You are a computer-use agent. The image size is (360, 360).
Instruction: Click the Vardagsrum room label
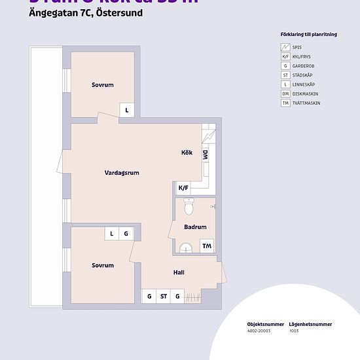[122, 173]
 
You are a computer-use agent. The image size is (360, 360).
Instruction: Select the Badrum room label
[195, 227]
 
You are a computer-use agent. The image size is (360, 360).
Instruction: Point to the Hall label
[179, 272]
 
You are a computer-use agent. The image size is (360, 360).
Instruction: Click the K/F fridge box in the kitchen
[183, 188]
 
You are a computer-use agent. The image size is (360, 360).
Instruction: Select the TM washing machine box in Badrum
[207, 246]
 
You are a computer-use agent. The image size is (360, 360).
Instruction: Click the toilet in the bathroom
[189, 207]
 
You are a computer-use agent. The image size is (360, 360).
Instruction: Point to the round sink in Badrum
[186, 247]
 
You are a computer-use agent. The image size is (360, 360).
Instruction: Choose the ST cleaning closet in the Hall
[164, 297]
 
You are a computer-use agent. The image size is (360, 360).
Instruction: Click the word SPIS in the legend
[297, 48]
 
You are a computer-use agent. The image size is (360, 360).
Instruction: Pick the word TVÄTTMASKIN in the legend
[306, 103]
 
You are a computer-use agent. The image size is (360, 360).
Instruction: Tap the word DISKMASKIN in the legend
[304, 94]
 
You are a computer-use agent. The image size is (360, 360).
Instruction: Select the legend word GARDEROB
[303, 66]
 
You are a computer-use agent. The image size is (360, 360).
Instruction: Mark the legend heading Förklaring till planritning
[308, 34]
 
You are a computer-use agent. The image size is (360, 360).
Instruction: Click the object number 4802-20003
[259, 331]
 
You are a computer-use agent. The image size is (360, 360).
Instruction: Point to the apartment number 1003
[294, 331]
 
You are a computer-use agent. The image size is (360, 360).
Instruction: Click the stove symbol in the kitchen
[209, 137]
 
